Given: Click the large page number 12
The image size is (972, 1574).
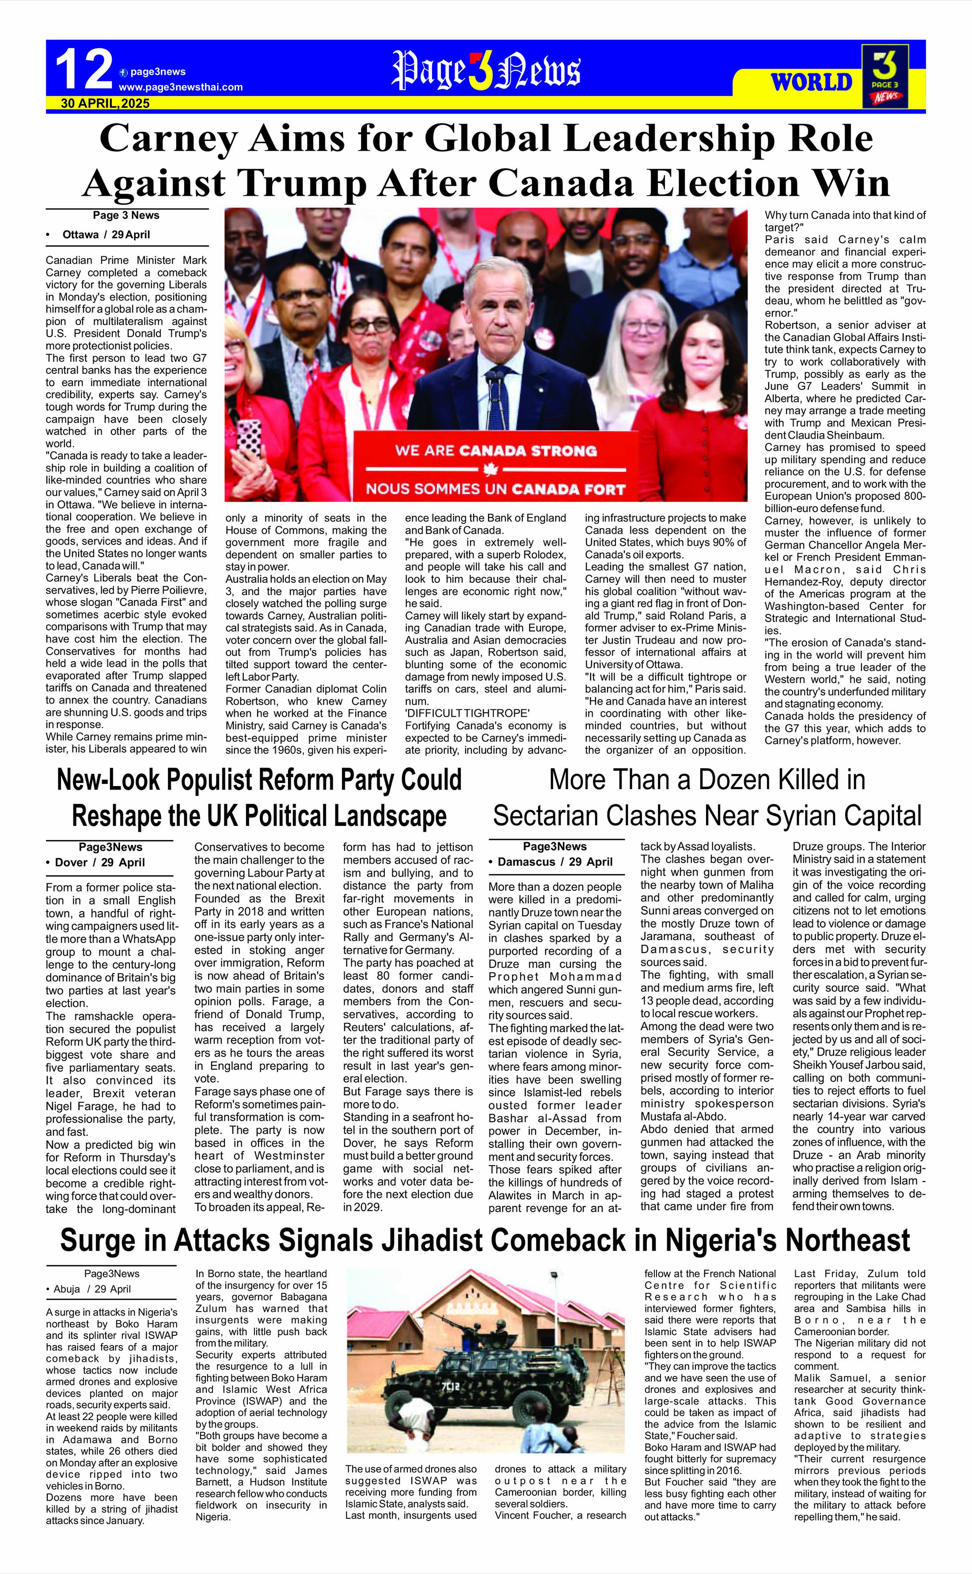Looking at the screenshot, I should [84, 70].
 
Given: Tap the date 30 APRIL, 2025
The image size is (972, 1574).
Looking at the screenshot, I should [106, 103].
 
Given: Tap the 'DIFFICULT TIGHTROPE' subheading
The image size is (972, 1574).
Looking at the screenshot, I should [467, 714].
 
